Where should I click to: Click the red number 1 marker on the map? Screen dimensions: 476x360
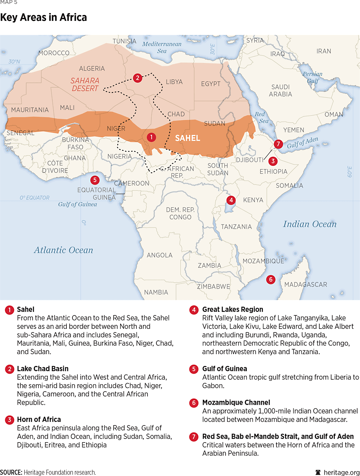[151, 137]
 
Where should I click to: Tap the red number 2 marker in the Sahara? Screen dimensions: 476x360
[138, 78]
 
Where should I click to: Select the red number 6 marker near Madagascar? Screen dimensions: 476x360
[270, 280]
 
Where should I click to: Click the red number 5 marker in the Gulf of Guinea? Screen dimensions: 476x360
[94, 180]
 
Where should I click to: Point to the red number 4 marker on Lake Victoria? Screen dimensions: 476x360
[231, 200]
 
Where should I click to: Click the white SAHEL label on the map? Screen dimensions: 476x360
[187, 138]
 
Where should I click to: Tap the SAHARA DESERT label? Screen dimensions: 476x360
[85, 84]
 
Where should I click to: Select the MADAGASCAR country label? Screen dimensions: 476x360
[305, 284]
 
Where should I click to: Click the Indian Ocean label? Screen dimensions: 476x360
[310, 224]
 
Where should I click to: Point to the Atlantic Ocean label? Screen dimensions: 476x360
[64, 250]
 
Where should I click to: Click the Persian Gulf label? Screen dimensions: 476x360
[312, 77]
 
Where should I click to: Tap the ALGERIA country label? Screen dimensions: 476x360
[92, 69]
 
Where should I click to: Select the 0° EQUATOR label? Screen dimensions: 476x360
[35, 198]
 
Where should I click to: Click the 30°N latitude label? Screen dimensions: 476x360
[14, 62]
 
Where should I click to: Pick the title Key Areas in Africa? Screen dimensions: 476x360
[43, 18]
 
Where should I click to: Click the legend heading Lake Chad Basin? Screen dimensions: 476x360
[43, 369]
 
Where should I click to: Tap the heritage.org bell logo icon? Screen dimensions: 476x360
[318, 472]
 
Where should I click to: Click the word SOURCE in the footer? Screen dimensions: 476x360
[11, 472]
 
